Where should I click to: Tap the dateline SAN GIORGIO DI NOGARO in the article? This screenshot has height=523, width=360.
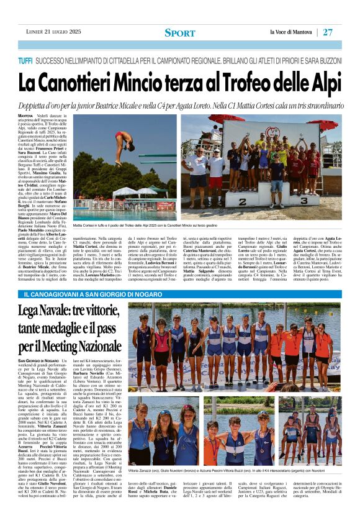(x=40, y=361)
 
